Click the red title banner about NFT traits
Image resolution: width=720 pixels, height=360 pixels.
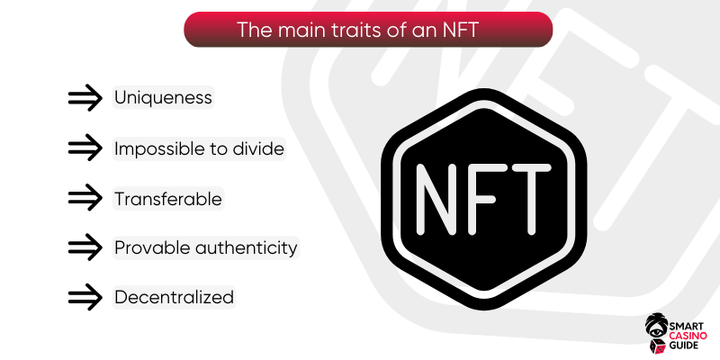click(x=368, y=30)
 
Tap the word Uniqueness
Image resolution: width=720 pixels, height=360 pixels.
click(x=163, y=98)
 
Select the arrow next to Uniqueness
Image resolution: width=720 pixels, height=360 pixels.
click(x=85, y=98)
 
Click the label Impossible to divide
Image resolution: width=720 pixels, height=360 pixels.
click(x=199, y=148)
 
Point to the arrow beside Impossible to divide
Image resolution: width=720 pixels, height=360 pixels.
click(x=85, y=148)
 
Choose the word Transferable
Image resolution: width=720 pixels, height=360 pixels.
click(x=168, y=199)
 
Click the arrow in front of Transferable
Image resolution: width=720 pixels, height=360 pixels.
click(x=85, y=197)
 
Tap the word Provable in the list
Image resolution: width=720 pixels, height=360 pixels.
click(x=152, y=248)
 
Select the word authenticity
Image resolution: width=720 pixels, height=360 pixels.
click(x=247, y=248)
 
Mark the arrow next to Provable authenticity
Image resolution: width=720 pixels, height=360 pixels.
click(x=85, y=247)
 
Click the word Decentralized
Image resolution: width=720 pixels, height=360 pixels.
click(x=174, y=298)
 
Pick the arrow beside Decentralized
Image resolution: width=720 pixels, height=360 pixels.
click(x=85, y=297)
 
